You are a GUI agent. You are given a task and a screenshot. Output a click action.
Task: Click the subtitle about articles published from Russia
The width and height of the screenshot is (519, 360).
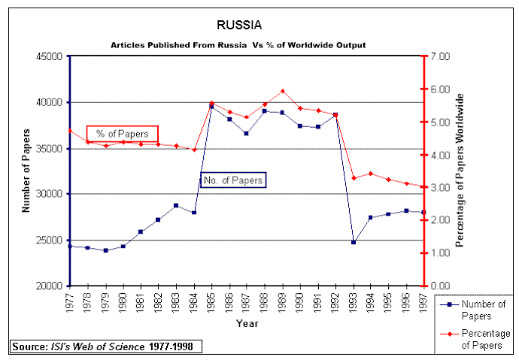point(238,45)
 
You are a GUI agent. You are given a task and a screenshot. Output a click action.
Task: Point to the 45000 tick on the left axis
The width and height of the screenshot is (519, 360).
point(50,56)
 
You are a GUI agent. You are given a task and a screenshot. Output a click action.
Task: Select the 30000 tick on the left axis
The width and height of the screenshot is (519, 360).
point(50,194)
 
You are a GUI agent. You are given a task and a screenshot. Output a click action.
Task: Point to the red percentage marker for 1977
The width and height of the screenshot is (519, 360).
point(70,130)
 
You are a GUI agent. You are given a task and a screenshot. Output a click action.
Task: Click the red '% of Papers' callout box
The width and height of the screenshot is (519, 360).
point(122,134)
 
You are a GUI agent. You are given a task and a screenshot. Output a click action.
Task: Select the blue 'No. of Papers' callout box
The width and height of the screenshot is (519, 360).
point(233,180)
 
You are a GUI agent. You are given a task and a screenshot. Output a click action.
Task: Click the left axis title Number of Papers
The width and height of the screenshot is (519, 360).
point(26,171)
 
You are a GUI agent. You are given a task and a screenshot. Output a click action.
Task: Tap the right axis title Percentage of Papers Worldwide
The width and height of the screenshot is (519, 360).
point(460,171)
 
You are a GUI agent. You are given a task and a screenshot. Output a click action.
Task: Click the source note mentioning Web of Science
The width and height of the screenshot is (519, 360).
point(106,346)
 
